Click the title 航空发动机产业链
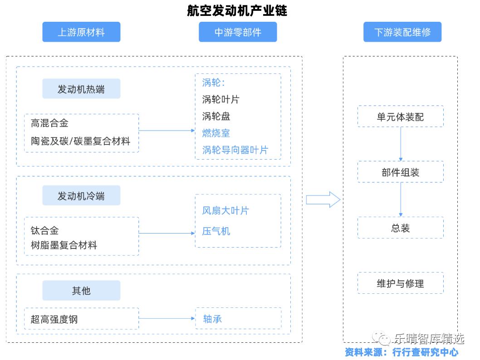pos(237,10)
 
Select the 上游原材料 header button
pos(81,32)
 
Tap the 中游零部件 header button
pos(238,32)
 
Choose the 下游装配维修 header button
pos(402,32)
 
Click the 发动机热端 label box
pos(81,89)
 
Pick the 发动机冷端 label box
pos(81,195)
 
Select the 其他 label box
pos(81,291)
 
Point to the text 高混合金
pos(49,123)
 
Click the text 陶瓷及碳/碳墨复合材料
pos(80,141)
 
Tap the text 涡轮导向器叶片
pos(235,150)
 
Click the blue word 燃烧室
pos(216,133)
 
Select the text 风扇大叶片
pos(225,210)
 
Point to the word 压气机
pos(216,231)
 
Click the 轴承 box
pos(238,318)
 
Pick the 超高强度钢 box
pos(81,319)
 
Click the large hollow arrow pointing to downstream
pos(323,199)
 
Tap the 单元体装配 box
pos(400,117)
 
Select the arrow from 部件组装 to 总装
pos(401,199)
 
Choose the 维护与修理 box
pos(400,283)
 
